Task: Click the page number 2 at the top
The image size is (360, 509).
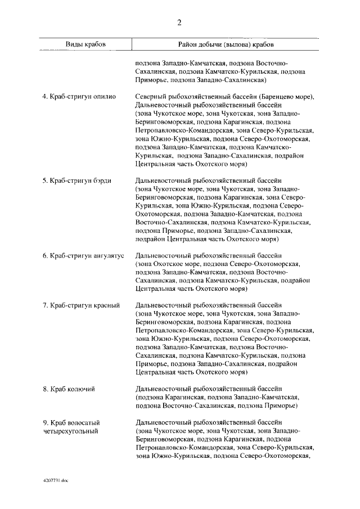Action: click(x=179, y=22)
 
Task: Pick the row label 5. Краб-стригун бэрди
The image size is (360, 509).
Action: click(x=77, y=181)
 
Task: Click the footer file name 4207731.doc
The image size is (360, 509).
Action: click(x=55, y=481)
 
